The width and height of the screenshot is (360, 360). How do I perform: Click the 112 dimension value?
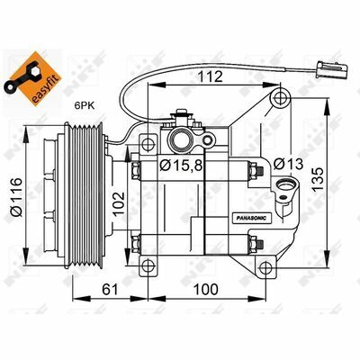tap(210, 76)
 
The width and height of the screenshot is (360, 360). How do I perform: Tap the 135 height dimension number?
tap(317, 179)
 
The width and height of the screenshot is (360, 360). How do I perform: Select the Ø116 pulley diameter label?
tap(16, 197)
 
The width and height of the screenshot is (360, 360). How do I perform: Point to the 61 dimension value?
tap(110, 290)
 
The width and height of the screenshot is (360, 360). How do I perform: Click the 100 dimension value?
tap(205, 290)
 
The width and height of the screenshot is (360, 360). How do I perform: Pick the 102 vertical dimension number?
tap(119, 203)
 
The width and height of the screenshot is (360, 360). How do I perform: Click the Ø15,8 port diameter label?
tap(181, 165)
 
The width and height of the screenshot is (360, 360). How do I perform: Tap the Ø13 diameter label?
tap(288, 164)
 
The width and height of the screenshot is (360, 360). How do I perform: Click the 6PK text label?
tap(85, 105)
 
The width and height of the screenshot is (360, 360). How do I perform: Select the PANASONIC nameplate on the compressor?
tap(251, 218)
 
